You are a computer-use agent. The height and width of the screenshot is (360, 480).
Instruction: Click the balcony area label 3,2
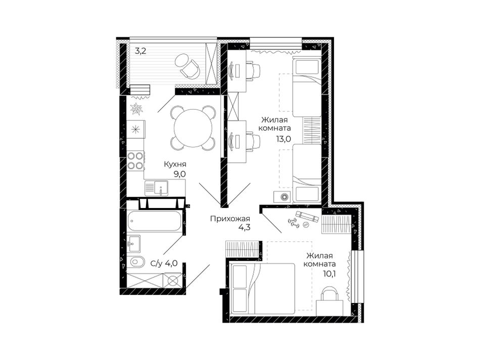point(140,51)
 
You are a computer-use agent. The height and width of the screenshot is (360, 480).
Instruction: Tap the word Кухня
point(175,164)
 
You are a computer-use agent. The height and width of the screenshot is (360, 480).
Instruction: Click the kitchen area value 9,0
point(180,174)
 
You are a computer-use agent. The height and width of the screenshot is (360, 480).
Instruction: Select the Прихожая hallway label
point(230,219)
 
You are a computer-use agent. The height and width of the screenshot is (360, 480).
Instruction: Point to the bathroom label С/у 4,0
point(164,264)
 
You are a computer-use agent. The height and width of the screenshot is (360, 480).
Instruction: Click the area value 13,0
point(283,139)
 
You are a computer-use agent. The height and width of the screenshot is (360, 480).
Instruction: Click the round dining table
point(193,128)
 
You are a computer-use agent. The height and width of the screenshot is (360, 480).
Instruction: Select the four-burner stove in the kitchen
point(135,161)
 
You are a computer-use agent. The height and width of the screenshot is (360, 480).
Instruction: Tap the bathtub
point(154,221)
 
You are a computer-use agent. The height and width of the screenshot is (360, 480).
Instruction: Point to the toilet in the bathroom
point(136,262)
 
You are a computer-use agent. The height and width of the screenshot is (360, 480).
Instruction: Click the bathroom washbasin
point(134,243)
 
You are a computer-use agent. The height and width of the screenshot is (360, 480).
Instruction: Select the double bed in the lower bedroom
point(263,289)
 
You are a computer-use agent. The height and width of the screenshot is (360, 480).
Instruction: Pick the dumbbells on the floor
point(294,222)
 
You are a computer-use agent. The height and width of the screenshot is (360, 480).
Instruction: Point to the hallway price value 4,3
point(245,228)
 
